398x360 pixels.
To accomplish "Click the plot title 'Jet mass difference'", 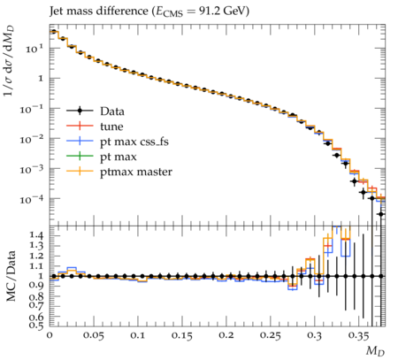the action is click(x=98, y=11).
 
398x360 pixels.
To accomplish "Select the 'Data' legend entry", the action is click(x=96, y=111).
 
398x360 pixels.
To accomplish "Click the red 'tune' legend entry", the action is click(x=95, y=126).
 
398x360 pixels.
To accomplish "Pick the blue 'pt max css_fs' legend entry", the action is click(x=118, y=142).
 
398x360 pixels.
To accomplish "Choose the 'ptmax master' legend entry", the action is click(x=119, y=172).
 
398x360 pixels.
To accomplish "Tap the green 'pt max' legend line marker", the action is click(x=80, y=156).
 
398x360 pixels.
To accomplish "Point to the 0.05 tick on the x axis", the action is click(x=94, y=335).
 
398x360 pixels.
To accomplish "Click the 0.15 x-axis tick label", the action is click(x=182, y=335).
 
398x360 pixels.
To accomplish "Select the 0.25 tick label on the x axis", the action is click(x=271, y=335).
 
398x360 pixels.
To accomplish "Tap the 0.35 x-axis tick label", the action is click(x=359, y=335).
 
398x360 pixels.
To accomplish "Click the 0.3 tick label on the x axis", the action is click(x=315, y=335).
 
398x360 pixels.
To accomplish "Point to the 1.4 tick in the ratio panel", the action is click(x=36, y=235).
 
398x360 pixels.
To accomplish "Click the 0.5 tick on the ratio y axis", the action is click(x=36, y=325).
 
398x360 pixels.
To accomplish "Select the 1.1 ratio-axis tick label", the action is click(x=36, y=266).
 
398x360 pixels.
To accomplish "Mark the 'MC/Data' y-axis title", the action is click(x=11, y=276).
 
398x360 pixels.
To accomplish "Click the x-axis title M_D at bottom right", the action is click(x=376, y=351).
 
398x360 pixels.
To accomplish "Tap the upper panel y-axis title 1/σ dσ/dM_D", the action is click(x=10, y=61).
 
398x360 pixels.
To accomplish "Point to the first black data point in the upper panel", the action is click(x=54, y=32).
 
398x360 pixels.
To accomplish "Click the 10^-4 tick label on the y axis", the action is click(x=33, y=199).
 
